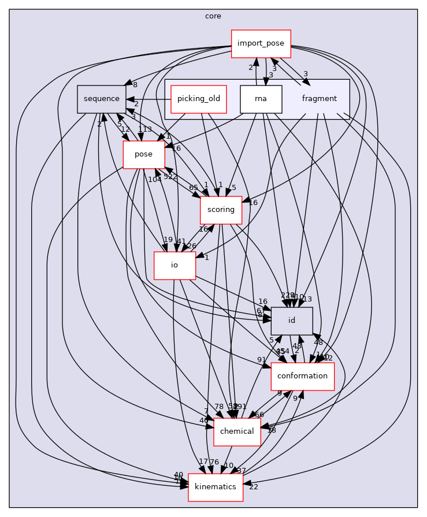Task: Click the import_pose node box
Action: (x=261, y=43)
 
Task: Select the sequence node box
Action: (x=102, y=99)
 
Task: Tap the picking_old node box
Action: (x=199, y=99)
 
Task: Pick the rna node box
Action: (x=261, y=99)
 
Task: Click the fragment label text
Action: (x=319, y=99)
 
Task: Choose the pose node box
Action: (x=143, y=155)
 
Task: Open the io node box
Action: (x=174, y=265)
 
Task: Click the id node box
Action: (x=292, y=321)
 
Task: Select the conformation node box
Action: (x=303, y=376)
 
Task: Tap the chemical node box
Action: (x=237, y=432)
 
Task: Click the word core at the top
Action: (x=213, y=16)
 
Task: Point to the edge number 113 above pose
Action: (x=144, y=129)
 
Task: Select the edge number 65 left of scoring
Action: (x=193, y=188)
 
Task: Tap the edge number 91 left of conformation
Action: (x=262, y=360)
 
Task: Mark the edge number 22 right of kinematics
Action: (x=253, y=487)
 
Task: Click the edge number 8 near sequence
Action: (x=135, y=85)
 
